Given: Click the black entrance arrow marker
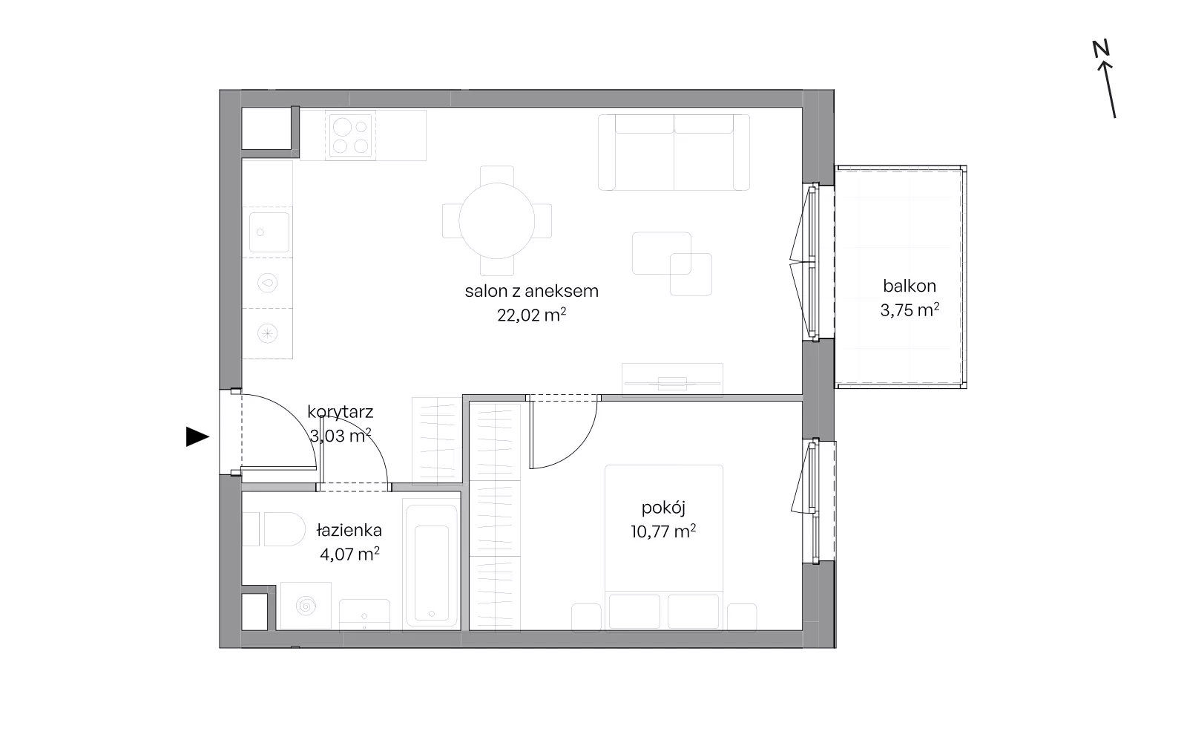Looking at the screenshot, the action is (x=197, y=437).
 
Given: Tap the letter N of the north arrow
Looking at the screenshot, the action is (x=1101, y=49).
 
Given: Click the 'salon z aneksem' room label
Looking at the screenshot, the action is (x=531, y=291).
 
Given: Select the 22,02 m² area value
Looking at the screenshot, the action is (x=531, y=315).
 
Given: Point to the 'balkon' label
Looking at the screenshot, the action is (x=910, y=286).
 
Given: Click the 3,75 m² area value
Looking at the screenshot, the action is (x=910, y=310).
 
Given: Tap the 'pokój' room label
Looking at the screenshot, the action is (x=663, y=508).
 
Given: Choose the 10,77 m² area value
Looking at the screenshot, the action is (x=663, y=531).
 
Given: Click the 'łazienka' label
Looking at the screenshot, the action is (x=349, y=530).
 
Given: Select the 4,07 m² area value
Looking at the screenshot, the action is (x=349, y=554).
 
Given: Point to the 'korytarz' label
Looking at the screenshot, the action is (x=341, y=412).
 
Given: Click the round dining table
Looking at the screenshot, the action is (x=497, y=220).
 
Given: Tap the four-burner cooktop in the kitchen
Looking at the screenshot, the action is (x=350, y=136).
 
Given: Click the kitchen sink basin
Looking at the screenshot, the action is (x=269, y=232).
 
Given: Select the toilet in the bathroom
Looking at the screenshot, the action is (x=274, y=528).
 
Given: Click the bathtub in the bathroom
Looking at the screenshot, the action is (x=431, y=566).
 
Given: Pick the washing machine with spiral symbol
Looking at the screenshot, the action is (x=306, y=606).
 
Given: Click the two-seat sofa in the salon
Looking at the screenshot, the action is (x=674, y=152).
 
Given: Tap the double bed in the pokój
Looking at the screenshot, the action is (x=664, y=548).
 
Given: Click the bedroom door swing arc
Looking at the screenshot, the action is (x=579, y=451).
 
